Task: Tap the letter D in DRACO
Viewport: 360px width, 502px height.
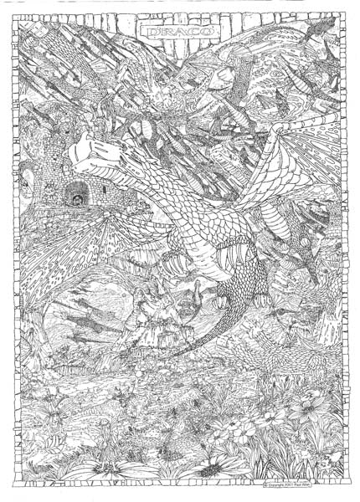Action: pyautogui.click(x=148, y=31)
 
